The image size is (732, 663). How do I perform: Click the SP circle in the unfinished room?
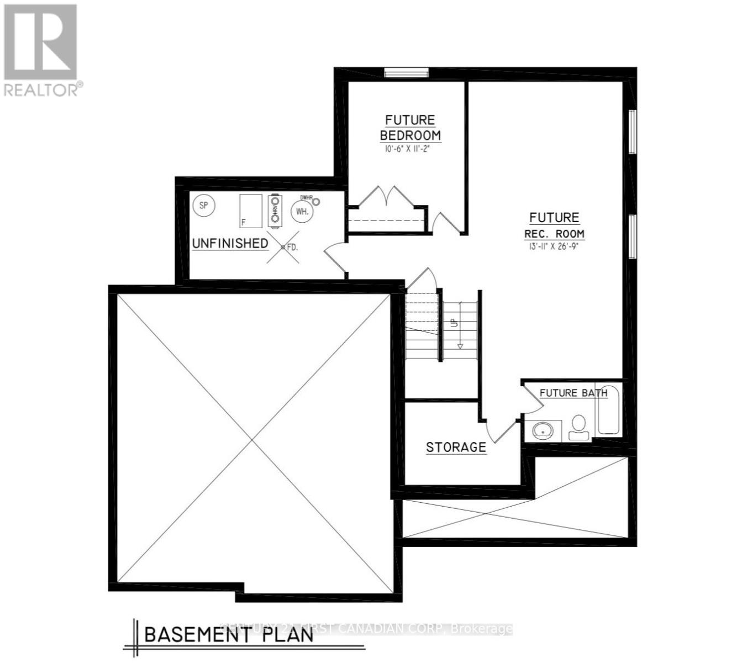pos(204,206)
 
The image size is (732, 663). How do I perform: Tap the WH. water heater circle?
pos(302,211)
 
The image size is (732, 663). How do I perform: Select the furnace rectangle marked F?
pos(250,211)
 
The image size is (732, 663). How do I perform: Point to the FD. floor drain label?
pos(291,248)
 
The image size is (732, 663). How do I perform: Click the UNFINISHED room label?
pos(230,243)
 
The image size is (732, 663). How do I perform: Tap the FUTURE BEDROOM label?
pos(410,128)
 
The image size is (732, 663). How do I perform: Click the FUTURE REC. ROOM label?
pos(554,225)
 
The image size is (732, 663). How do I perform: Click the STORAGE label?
pos(456,447)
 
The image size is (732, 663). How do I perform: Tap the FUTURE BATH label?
pos(573,393)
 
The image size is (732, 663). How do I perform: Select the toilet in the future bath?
pos(578,427)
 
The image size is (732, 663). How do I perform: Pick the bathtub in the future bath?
pos(608,409)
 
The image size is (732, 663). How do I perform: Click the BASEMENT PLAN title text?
pos(229,634)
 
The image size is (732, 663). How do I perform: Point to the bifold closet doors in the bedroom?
pos(387,197)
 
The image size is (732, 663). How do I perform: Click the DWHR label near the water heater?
pos(307,197)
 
